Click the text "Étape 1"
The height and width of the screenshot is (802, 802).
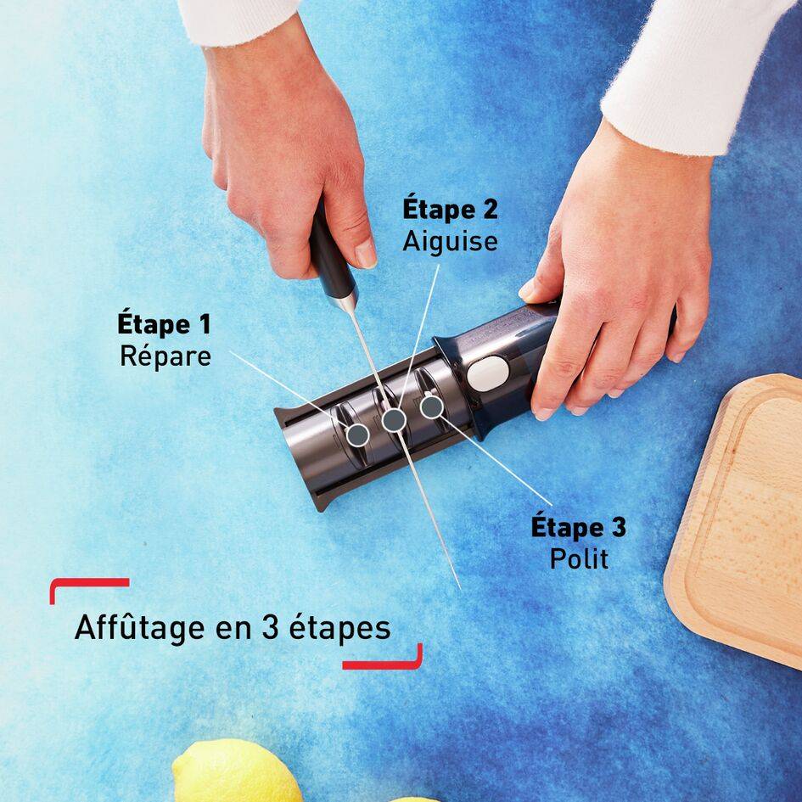[x=164, y=324]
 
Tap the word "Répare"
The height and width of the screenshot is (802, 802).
[x=165, y=356]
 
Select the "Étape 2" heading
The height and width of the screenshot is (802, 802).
[x=450, y=210]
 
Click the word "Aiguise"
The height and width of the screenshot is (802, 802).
[x=450, y=241]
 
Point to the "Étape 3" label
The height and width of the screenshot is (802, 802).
[x=579, y=527]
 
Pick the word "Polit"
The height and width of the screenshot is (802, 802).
[x=579, y=559]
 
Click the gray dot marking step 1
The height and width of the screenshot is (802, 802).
[x=358, y=435]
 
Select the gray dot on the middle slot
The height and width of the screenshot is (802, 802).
[x=393, y=419]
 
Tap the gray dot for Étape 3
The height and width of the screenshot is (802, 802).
[x=431, y=407]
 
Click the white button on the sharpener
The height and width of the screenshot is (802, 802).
[x=486, y=373]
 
